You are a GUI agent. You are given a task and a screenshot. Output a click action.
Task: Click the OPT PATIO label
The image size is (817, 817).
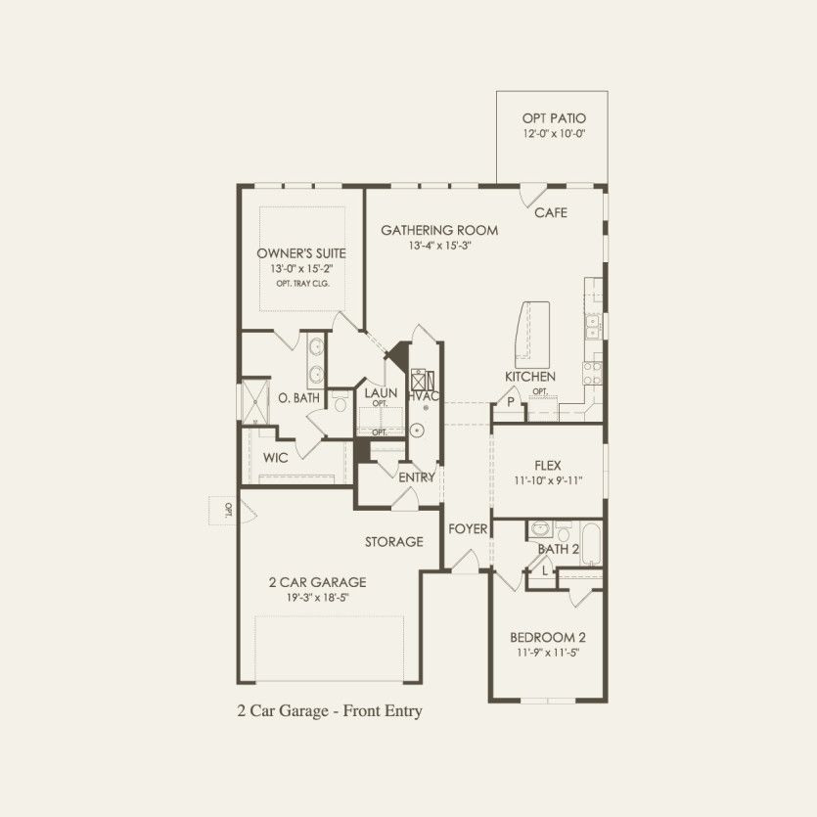(554, 118)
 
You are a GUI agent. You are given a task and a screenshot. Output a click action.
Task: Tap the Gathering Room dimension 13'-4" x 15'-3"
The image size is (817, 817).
(439, 246)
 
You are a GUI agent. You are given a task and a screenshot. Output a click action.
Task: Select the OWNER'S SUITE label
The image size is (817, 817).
(301, 253)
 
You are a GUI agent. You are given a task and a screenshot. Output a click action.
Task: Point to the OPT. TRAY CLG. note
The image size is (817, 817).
(302, 284)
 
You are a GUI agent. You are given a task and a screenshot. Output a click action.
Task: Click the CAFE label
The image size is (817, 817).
(551, 212)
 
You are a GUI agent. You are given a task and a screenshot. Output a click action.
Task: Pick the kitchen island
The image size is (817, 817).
(531, 335)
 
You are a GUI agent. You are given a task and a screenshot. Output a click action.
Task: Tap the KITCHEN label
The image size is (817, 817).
(530, 376)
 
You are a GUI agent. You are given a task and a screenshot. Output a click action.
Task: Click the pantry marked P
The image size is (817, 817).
(510, 403)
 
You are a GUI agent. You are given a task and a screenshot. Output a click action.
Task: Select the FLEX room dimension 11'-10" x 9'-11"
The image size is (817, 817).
(548, 480)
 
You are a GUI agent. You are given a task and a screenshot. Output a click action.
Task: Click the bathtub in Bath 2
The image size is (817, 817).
(591, 544)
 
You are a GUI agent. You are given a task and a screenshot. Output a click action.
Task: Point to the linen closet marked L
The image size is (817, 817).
(544, 571)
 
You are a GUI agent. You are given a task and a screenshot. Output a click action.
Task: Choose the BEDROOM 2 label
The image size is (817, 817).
(548, 637)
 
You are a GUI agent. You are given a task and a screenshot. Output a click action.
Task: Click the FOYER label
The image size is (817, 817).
(468, 529)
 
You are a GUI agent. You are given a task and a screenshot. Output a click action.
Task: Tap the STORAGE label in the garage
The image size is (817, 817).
(394, 542)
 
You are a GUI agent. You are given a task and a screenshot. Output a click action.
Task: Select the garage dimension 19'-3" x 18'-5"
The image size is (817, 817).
(317, 597)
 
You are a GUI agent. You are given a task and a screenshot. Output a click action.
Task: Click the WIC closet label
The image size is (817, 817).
(275, 458)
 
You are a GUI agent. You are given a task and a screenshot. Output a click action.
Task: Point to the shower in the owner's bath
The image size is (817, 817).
(254, 400)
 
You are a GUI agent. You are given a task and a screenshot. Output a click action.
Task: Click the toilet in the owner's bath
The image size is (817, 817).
(340, 402)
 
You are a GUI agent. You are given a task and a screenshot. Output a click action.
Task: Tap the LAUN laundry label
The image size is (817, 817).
(381, 393)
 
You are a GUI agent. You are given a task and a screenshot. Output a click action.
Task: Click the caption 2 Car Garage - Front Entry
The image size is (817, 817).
(330, 710)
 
